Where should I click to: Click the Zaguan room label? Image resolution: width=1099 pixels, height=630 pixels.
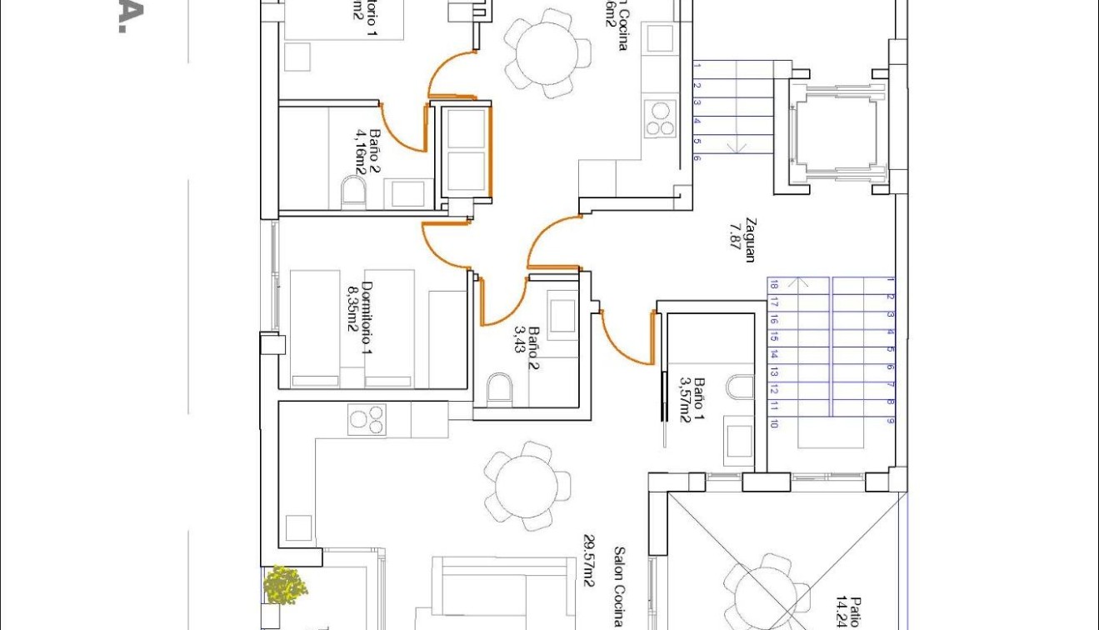(x=750, y=240)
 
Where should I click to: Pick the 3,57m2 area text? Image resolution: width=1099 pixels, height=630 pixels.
(x=685, y=399)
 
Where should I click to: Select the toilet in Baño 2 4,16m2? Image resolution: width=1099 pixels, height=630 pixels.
(x=353, y=193)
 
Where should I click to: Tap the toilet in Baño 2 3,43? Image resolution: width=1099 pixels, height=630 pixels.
(x=499, y=388)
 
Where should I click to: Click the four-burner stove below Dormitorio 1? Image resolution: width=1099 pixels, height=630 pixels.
(x=367, y=418)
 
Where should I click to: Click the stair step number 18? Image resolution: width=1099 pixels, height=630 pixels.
(x=774, y=285)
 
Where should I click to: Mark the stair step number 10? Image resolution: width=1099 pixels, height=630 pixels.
(x=774, y=423)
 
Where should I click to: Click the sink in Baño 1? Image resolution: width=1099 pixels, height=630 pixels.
(x=739, y=440)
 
